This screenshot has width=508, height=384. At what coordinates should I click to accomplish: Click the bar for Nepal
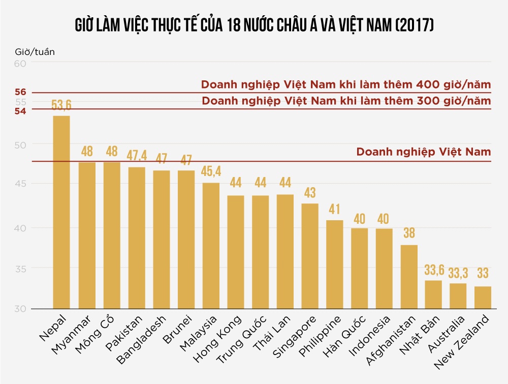tap(61, 212)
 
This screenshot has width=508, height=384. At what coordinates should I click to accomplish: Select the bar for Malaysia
tap(211, 246)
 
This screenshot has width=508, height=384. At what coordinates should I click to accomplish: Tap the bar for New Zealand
tap(483, 298)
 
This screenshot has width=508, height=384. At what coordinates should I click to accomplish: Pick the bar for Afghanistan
tap(409, 277)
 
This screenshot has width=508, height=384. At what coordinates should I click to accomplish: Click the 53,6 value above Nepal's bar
tap(61, 106)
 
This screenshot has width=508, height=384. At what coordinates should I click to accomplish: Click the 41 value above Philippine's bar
tap(334, 210)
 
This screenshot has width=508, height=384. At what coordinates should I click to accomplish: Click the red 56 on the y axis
tap(21, 92)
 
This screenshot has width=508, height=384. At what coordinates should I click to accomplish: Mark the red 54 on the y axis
tap(21, 110)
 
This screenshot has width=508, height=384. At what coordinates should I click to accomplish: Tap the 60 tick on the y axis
tap(21, 64)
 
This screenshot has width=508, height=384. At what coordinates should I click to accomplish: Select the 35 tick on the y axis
tap(21, 268)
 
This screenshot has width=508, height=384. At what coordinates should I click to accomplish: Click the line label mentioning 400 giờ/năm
tap(346, 84)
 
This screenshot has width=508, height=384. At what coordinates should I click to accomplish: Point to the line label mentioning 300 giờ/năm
tap(346, 101)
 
